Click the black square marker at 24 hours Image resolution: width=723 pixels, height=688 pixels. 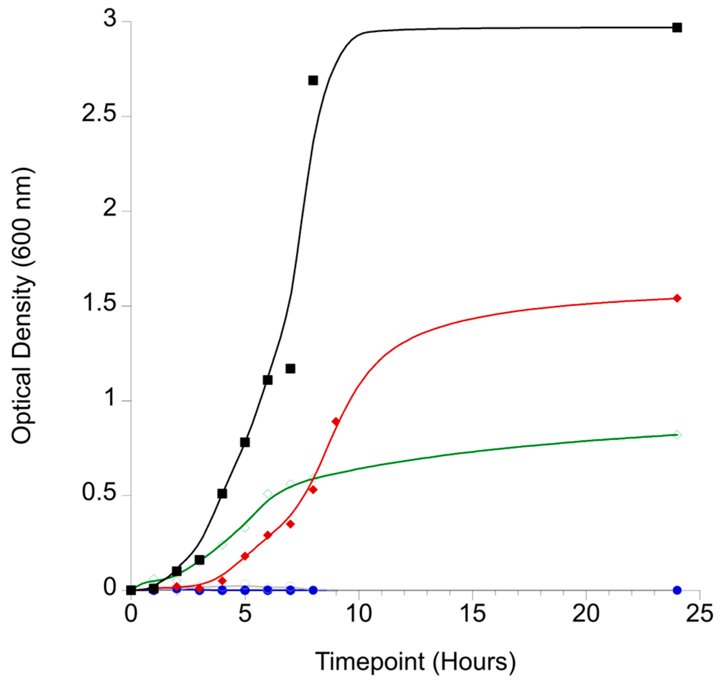tap(677, 28)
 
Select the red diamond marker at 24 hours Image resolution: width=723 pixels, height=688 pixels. tap(677, 298)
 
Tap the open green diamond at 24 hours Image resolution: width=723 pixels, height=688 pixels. tap(677, 435)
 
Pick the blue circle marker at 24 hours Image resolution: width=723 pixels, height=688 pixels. tap(677, 590)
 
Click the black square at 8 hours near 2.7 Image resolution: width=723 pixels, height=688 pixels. tap(313, 80)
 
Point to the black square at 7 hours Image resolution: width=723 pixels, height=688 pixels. tap(290, 369)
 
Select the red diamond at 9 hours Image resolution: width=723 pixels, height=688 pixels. tap(336, 422)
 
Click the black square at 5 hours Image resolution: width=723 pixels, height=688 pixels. tap(245, 442)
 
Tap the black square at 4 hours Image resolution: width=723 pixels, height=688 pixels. tap(222, 494)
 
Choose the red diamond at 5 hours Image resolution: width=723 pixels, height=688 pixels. tap(245, 556)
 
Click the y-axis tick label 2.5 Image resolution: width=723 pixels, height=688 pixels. tap(99, 114)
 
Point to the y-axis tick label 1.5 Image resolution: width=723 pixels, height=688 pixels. tap(99, 303)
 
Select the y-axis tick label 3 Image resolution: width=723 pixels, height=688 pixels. tap(110, 18)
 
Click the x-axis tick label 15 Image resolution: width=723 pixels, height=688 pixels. tap(472, 614)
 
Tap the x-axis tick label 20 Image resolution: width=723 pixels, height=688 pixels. tap(586, 614)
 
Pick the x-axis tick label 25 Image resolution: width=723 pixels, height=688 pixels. tap(699, 614)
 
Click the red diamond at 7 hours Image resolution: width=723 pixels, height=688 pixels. tap(290, 524)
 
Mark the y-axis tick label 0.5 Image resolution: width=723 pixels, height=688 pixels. tap(99, 493)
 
